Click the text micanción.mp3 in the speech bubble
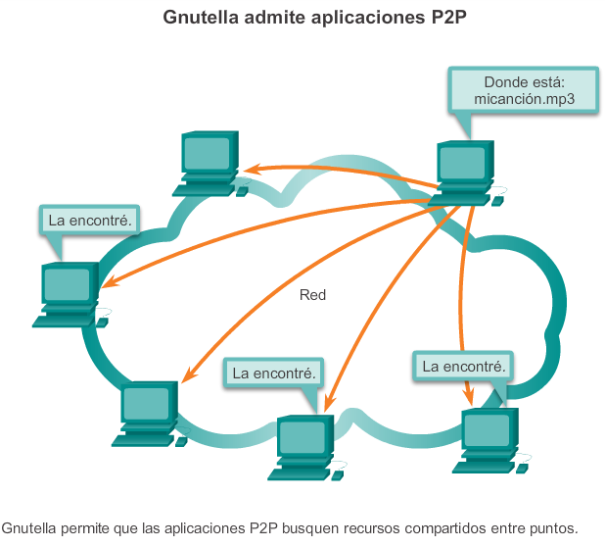[523, 100]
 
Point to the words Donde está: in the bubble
[523, 82]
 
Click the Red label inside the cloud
[312, 294]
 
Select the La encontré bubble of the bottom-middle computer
[274, 373]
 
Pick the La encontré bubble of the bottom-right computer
[464, 367]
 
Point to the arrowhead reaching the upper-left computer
[250, 169]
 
